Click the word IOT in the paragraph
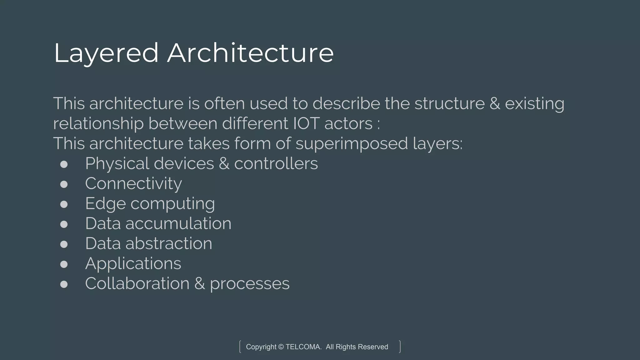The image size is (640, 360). (x=306, y=123)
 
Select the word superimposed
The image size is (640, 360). (x=352, y=144)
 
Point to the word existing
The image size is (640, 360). (x=535, y=104)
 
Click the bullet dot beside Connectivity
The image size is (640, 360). (x=64, y=184)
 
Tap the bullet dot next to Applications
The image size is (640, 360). (x=64, y=264)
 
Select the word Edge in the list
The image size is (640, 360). (x=105, y=204)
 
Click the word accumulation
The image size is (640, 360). (x=178, y=223)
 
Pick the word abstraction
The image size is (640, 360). (x=169, y=243)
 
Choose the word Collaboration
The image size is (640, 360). (x=137, y=283)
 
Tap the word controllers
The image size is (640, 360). (x=276, y=163)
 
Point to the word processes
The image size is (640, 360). (x=250, y=284)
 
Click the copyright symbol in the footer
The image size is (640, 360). (x=281, y=347)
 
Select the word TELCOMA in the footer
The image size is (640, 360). (x=303, y=347)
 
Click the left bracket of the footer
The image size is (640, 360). (x=240, y=347)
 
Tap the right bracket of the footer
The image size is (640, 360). (x=400, y=347)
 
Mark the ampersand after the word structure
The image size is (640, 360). (x=495, y=103)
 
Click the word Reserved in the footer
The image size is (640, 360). (x=373, y=347)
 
